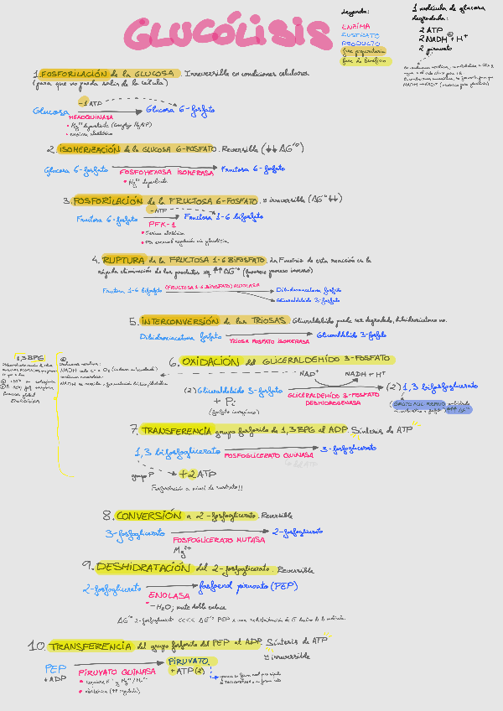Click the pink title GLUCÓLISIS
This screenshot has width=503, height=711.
point(226,34)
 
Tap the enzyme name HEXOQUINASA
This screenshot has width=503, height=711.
point(91,117)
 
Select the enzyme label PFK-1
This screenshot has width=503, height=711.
point(162,225)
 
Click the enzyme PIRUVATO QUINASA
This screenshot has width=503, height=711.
point(117,672)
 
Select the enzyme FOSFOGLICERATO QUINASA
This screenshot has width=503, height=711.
point(268,455)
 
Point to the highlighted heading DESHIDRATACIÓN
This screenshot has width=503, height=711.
point(143,568)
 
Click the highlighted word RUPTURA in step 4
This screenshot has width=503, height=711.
point(123,261)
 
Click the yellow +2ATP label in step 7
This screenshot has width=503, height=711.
point(198,474)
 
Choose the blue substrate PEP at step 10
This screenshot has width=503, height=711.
point(55,669)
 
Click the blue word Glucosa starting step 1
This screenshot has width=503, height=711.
point(49,111)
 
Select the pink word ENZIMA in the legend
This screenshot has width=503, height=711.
point(355,26)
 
